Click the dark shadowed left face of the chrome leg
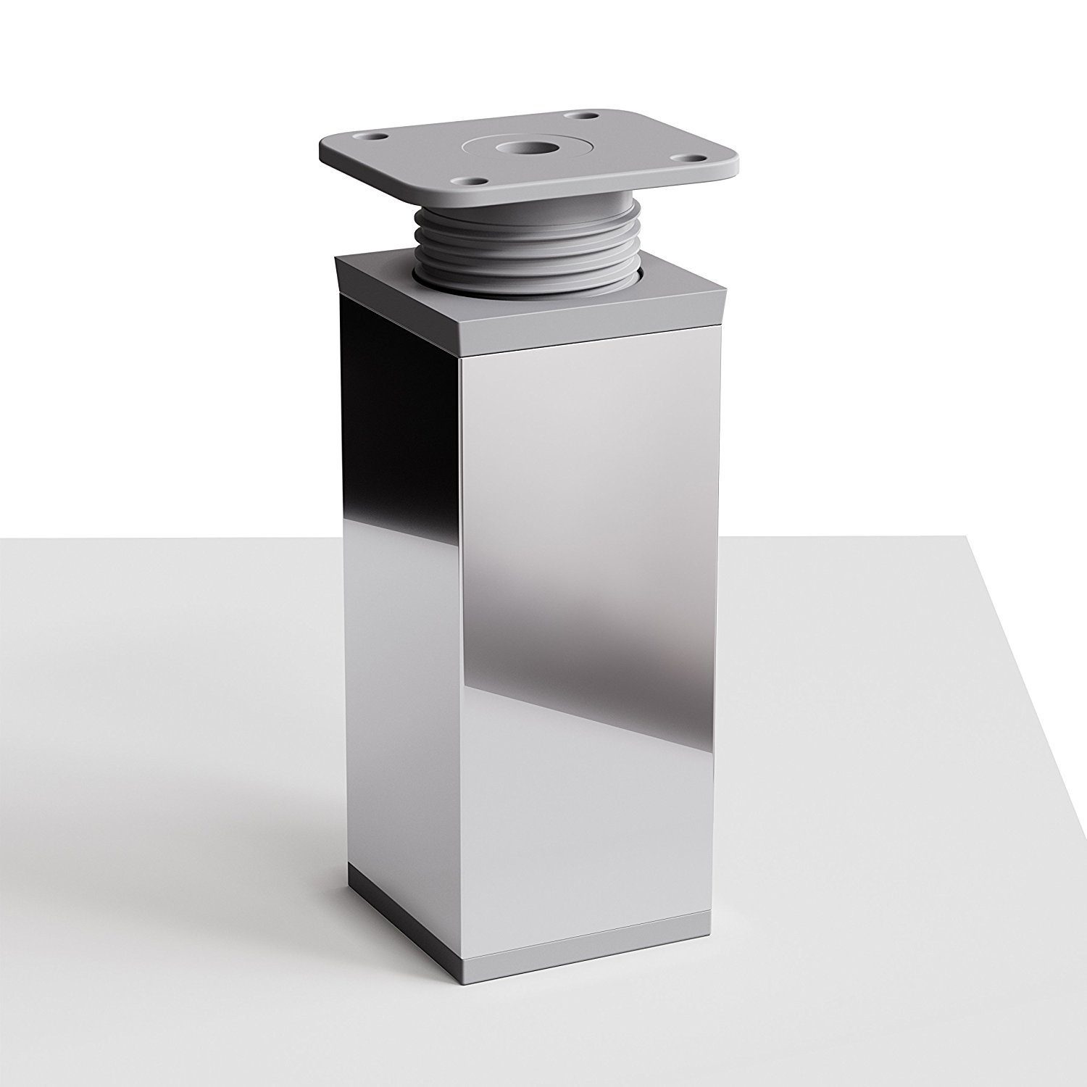pyautogui.click(x=399, y=580)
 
